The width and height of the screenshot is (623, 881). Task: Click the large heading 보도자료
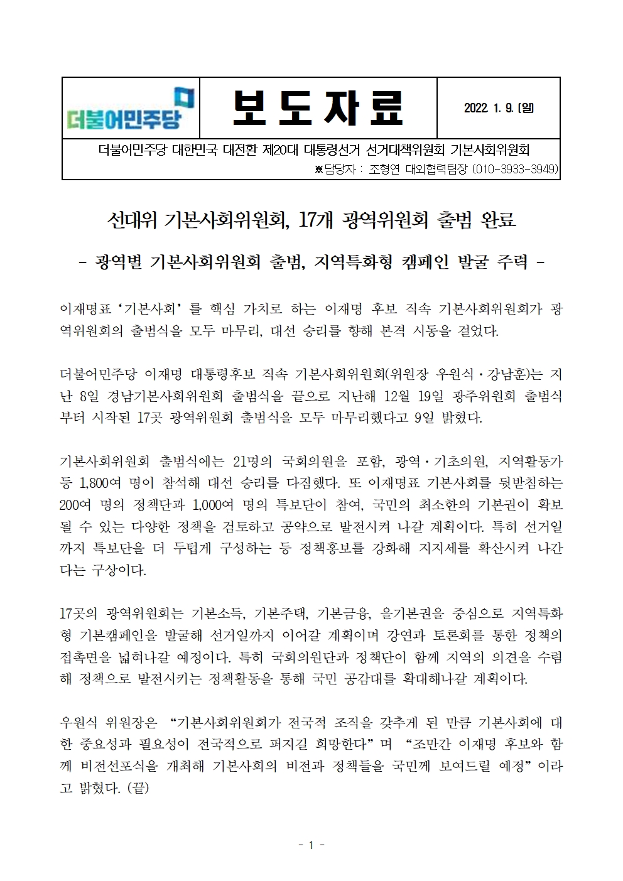coord(317,108)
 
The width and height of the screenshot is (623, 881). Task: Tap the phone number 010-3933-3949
coord(514,169)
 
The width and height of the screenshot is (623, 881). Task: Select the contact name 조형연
coord(387,169)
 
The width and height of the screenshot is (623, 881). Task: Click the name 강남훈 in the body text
coord(503,376)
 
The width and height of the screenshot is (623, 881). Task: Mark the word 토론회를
coord(462,635)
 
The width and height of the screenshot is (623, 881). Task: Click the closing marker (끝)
coord(138,787)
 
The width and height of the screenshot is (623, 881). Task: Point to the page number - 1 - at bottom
coord(311,845)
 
